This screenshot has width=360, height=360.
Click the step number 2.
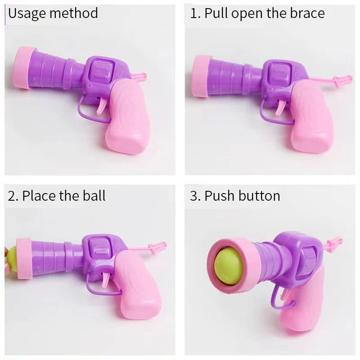[x=13, y=196]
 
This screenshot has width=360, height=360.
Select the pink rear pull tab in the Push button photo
[x=335, y=244]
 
